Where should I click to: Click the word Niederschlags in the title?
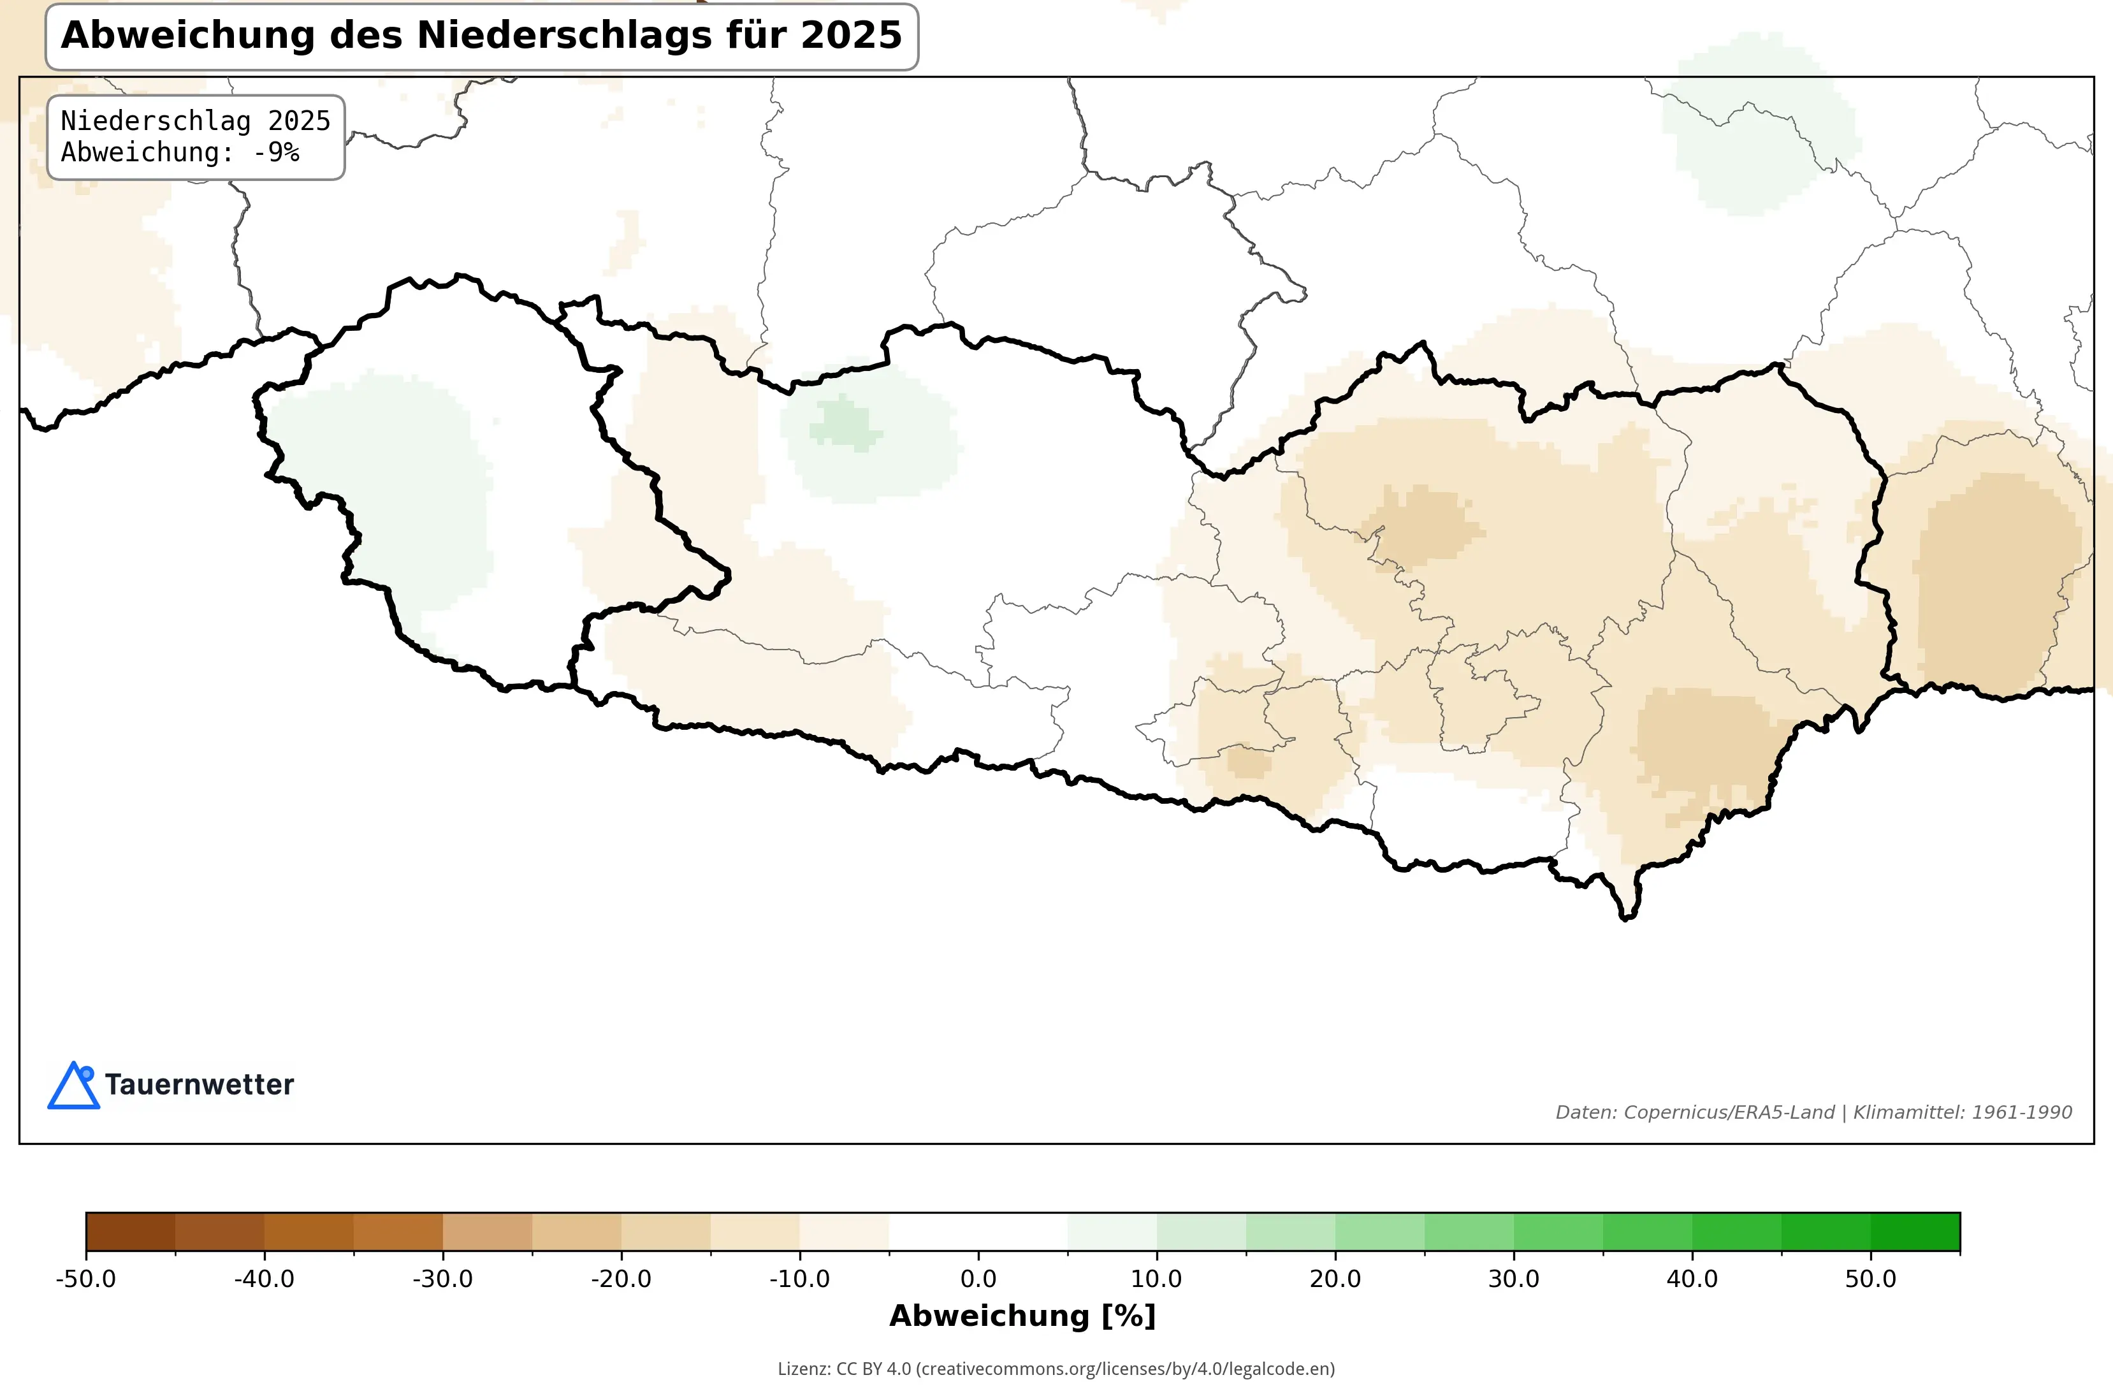[x=565, y=36]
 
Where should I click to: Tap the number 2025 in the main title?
[x=850, y=36]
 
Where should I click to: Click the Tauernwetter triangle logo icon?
[x=73, y=1087]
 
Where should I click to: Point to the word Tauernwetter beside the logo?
[x=199, y=1084]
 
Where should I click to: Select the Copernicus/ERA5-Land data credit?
[x=1729, y=1112]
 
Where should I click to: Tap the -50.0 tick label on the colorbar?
[x=85, y=1279]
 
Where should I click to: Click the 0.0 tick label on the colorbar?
[x=978, y=1279]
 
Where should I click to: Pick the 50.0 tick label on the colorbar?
[x=1871, y=1279]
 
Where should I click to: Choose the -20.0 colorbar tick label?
[x=621, y=1279]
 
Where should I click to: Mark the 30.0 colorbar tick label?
[x=1514, y=1279]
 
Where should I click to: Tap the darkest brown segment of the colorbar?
[x=131, y=1232]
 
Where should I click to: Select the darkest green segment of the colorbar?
[x=1915, y=1232]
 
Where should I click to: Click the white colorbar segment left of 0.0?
[x=933, y=1232]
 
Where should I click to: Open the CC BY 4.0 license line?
[x=1056, y=1369]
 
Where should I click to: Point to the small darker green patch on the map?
[x=843, y=424]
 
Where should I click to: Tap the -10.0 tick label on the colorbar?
[x=799, y=1279]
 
